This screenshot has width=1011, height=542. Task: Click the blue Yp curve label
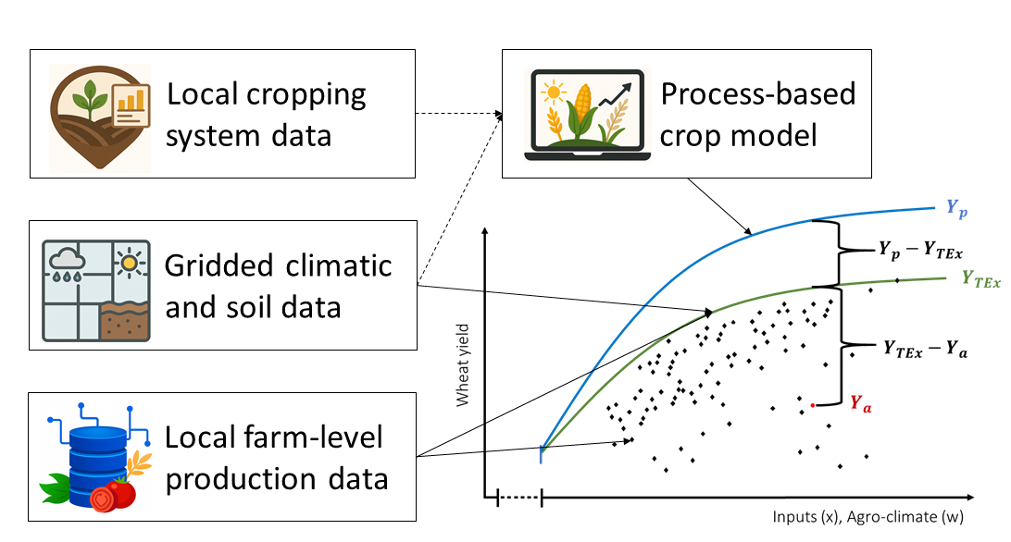pyautogui.click(x=957, y=209)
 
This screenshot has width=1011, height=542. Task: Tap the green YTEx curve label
pyautogui.click(x=981, y=279)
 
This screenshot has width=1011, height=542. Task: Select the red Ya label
pyautogui.click(x=861, y=404)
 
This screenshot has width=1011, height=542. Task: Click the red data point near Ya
pyautogui.click(x=813, y=405)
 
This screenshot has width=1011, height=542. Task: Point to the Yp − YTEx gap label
pyautogui.click(x=920, y=250)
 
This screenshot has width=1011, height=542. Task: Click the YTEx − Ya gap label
pyautogui.click(x=925, y=350)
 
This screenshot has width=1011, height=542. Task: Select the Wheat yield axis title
pyautogui.click(x=462, y=364)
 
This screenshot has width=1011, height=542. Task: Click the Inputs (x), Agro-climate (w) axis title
pyautogui.click(x=867, y=517)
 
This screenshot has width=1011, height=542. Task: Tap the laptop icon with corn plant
pyautogui.click(x=587, y=114)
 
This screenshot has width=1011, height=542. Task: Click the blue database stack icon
pyautogui.click(x=97, y=458)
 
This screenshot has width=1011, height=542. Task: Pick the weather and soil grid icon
pyautogui.click(x=96, y=290)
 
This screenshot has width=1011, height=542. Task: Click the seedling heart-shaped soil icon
pyautogui.click(x=100, y=117)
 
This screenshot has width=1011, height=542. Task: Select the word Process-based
pyautogui.click(x=758, y=94)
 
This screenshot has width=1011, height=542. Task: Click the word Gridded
pyautogui.click(x=219, y=266)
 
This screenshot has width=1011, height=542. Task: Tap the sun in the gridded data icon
pyautogui.click(x=129, y=263)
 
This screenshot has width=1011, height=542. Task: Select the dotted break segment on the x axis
pyautogui.click(x=519, y=497)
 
